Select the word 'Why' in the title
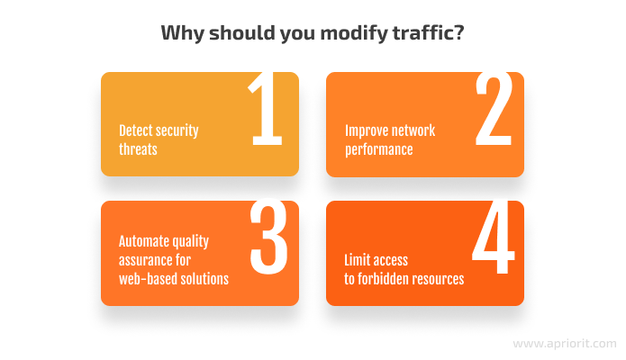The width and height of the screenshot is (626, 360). coord(183,33)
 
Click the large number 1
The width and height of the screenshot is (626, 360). coord(266,109)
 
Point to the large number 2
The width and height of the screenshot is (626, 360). coord(494,109)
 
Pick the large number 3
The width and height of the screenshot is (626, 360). coord(269,237)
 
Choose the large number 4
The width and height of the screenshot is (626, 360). coord(494,237)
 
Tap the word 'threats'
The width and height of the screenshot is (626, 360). coord(138,149)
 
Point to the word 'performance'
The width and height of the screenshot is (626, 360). coord(379,150)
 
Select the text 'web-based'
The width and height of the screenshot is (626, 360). coord(148,279)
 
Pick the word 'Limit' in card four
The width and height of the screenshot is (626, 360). coord(357,260)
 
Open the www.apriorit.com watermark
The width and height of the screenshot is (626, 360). coord(565,344)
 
